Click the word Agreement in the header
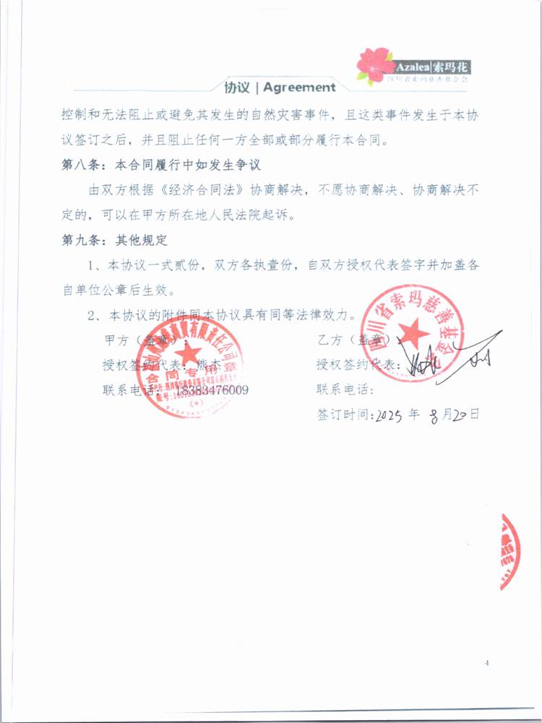click(x=300, y=87)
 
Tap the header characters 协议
click(x=236, y=87)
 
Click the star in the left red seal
click(x=189, y=353)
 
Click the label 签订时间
click(x=343, y=416)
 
